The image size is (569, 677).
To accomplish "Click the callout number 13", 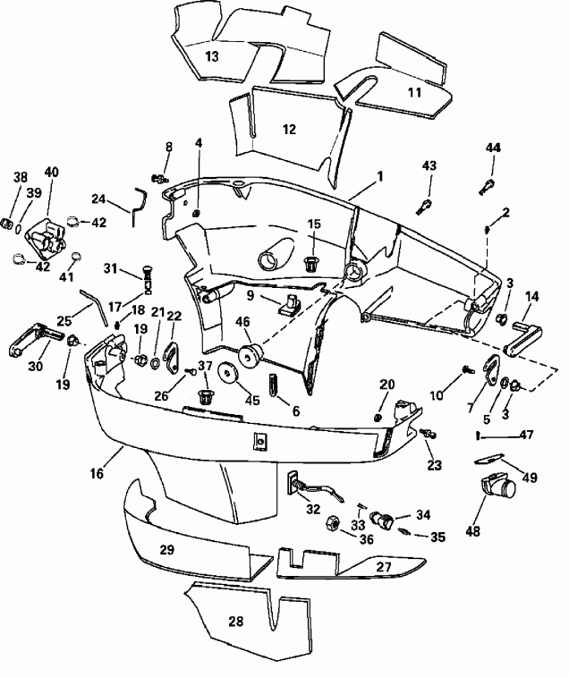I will pos(211,55).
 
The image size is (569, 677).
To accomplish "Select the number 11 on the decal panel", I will pos(414,92).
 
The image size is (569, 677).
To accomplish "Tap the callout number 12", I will pos(288,130).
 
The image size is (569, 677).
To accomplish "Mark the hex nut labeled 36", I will pos(329,522).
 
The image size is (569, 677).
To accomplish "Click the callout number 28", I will pos(235,622).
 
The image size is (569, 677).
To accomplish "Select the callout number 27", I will pos(383,567).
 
